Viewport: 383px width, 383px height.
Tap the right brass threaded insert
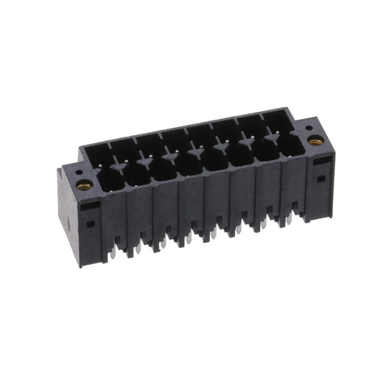(315, 142)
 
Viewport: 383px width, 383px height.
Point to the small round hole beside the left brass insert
(78, 174)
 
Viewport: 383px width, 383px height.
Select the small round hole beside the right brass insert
(308, 127)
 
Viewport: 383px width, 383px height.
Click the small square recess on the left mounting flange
(90, 224)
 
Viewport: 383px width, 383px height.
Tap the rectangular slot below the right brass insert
(320, 160)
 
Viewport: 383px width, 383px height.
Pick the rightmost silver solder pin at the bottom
(289, 220)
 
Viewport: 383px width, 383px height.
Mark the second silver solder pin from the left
(137, 248)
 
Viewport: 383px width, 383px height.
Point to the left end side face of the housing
(68, 215)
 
